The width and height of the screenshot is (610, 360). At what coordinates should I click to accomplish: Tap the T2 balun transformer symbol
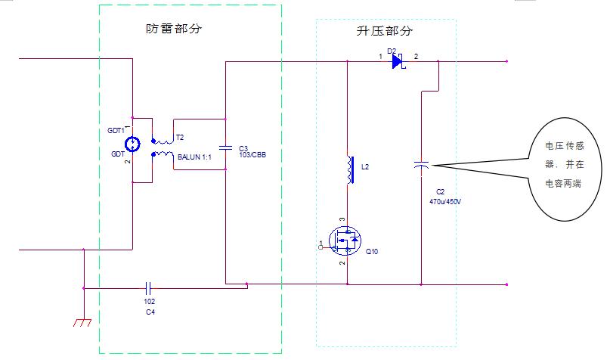[x=161, y=147]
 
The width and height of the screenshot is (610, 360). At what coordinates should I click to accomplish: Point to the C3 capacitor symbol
[x=225, y=147]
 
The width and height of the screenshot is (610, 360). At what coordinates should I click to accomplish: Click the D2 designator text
[x=392, y=51]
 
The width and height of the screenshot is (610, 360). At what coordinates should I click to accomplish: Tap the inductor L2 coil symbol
[x=349, y=170]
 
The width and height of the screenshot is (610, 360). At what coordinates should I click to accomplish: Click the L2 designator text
[x=366, y=166]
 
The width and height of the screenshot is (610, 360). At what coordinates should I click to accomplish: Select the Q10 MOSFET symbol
[x=345, y=242]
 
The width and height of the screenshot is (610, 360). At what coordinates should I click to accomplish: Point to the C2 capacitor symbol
[x=422, y=164]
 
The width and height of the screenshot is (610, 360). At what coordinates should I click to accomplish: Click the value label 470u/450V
[x=444, y=202]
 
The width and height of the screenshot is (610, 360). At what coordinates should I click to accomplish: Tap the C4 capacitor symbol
[x=149, y=287]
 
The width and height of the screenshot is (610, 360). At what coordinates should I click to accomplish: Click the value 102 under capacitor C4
[x=149, y=301]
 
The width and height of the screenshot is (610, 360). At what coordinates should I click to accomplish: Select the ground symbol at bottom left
[x=82, y=321]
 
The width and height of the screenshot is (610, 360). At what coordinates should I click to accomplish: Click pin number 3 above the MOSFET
[x=342, y=219]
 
